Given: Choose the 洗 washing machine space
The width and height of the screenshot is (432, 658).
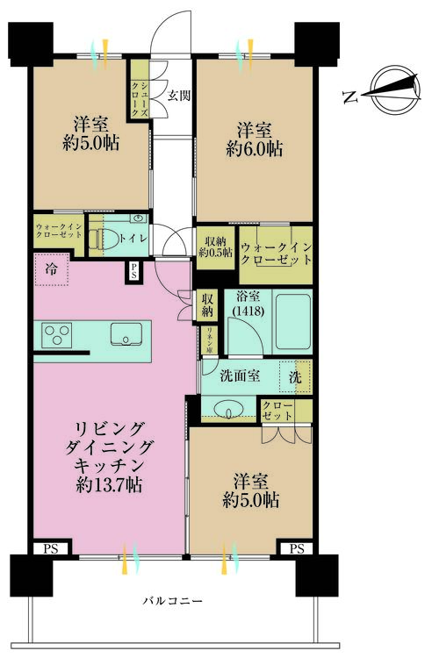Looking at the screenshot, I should point(296,376).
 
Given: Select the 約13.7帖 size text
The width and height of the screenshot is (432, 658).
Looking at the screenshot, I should point(110,483).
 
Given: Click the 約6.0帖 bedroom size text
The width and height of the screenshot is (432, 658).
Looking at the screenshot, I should point(254,149).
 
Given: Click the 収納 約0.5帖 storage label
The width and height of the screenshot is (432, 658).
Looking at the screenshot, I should point(215,247).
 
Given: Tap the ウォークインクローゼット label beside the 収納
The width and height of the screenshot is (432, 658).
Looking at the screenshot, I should point(275,254).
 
